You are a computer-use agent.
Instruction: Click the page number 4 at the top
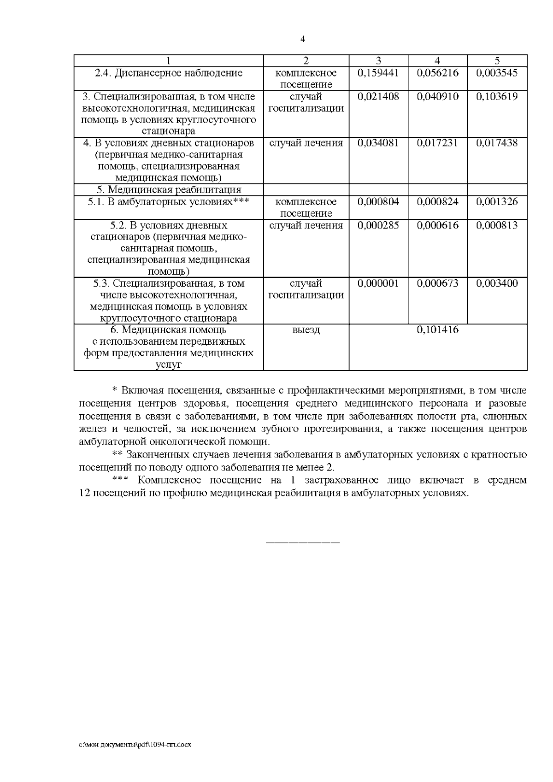pos(303,39)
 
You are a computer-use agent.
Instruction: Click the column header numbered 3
pos(378,61)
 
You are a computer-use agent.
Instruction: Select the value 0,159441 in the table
pos(378,73)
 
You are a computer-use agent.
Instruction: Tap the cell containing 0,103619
pos(497,96)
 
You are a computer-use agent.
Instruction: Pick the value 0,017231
pos(437,143)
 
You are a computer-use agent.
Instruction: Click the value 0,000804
pos(378,201)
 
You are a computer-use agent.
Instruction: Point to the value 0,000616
pos(437,225)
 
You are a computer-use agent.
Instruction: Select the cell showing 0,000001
pos(378,283)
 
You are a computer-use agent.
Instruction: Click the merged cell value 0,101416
pos(437,330)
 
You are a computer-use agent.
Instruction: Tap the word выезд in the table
pos(306,330)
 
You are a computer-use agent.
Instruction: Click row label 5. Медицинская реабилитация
pos(169,190)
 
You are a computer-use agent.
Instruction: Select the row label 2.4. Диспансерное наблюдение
pos(169,73)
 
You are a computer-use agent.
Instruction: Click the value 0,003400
pos(497,283)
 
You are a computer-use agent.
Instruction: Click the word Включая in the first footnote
pos(142,391)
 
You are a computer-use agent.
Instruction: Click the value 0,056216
pos(437,73)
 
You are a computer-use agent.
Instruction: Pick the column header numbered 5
pos(497,61)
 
